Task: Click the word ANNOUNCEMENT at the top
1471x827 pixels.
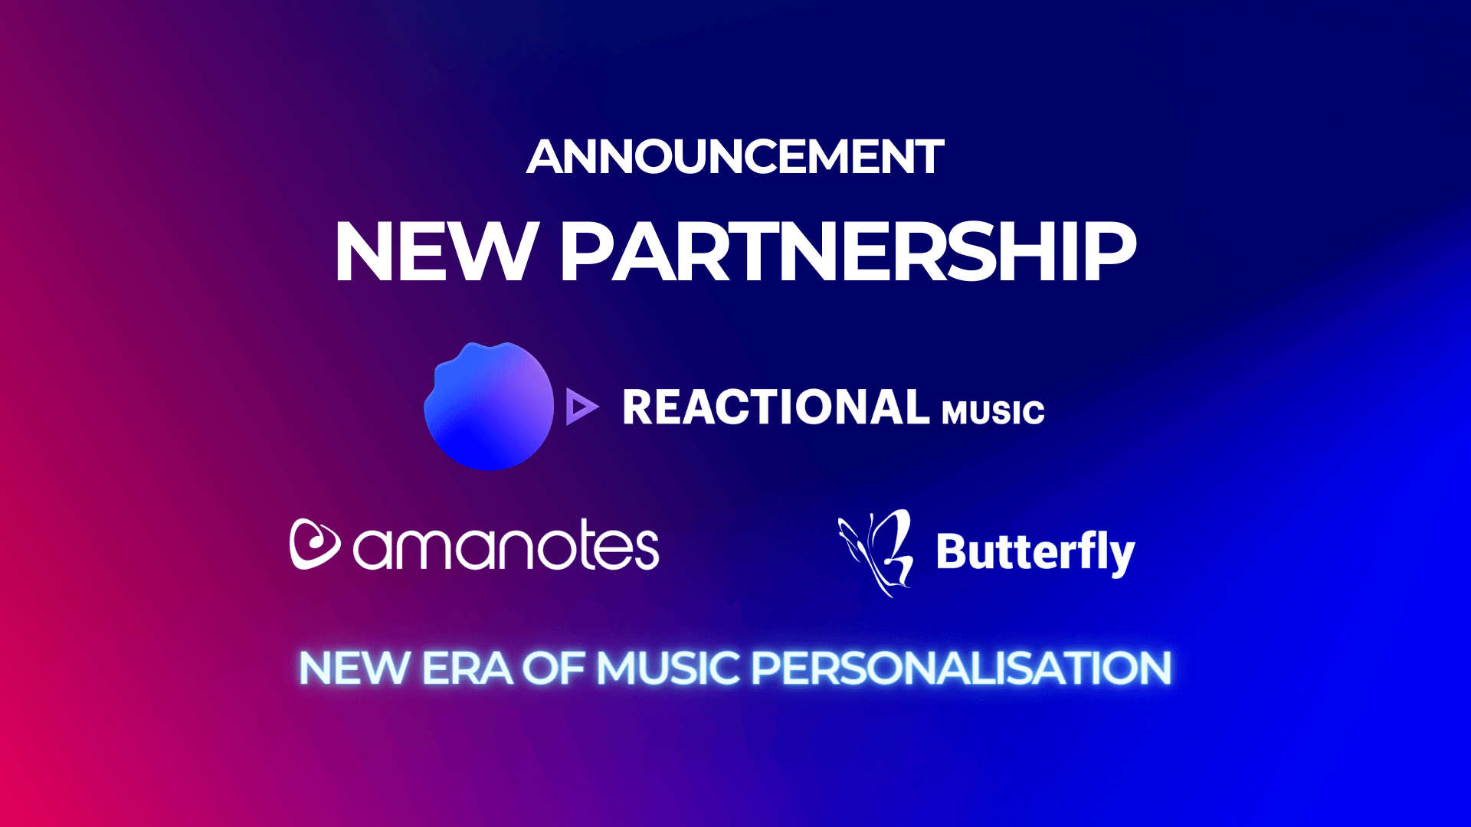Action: pyautogui.click(x=735, y=157)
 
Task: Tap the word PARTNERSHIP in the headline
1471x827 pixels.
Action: pyautogui.click(x=848, y=252)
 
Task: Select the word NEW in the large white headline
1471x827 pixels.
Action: pyautogui.click(x=435, y=252)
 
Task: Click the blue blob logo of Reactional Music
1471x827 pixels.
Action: pyautogui.click(x=489, y=406)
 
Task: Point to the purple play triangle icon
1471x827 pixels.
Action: pyautogui.click(x=582, y=407)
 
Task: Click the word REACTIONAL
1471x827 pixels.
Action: pyautogui.click(x=776, y=407)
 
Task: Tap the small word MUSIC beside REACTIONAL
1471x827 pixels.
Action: pyautogui.click(x=993, y=412)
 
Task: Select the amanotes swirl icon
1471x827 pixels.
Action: pyautogui.click(x=314, y=544)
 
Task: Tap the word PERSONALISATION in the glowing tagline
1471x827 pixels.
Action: pyautogui.click(x=962, y=668)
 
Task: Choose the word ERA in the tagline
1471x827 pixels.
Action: pyautogui.click(x=467, y=668)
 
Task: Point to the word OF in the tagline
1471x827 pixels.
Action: pyautogui.click(x=555, y=668)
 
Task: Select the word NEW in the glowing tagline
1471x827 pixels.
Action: pyautogui.click(x=355, y=668)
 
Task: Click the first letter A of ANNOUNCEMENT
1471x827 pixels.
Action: pyautogui.click(x=545, y=157)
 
